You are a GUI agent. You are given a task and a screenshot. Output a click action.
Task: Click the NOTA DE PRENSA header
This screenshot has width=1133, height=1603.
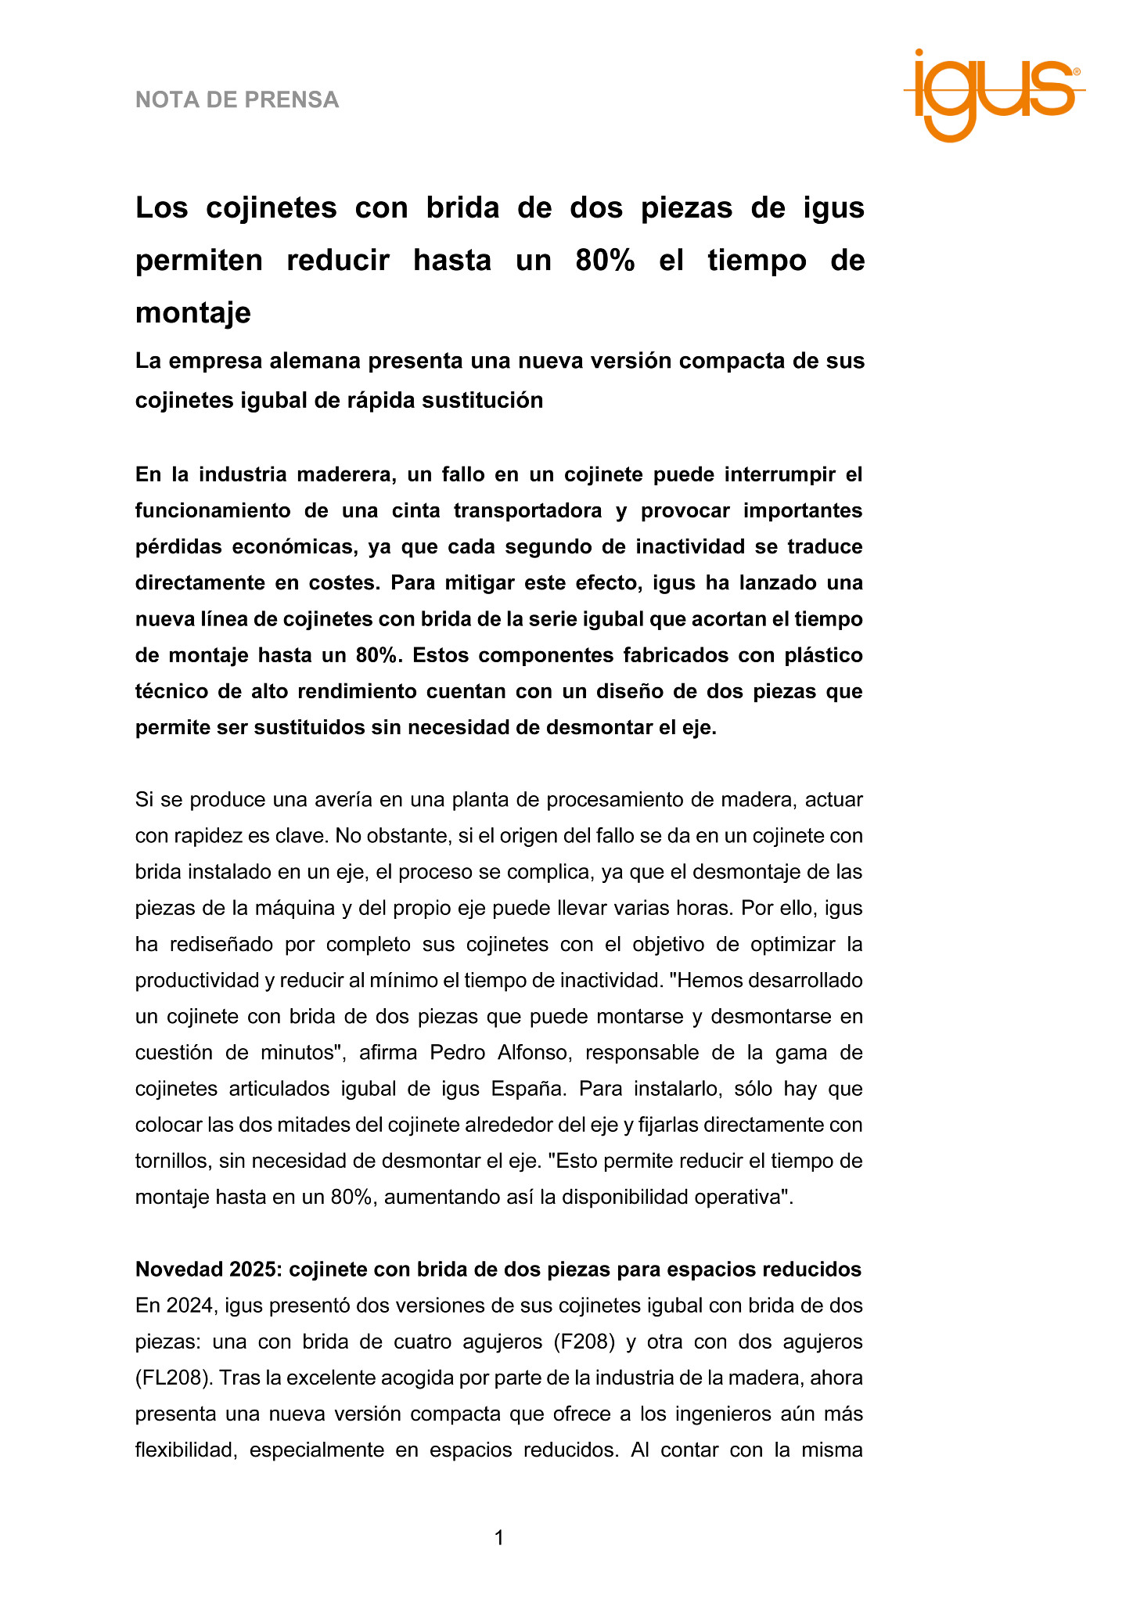237,100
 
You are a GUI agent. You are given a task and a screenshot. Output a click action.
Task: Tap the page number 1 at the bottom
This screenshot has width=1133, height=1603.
499,1538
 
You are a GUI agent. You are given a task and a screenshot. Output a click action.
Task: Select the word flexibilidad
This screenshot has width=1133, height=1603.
185,1450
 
